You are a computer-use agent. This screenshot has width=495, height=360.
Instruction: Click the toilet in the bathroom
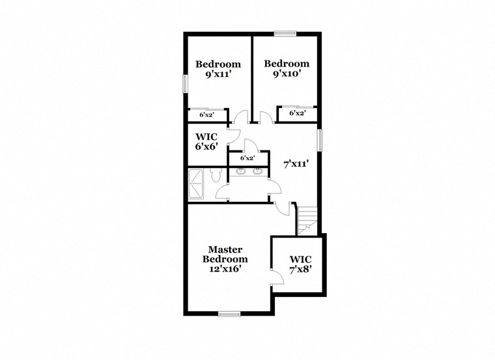216,175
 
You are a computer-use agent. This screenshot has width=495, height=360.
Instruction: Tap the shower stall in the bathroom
196,185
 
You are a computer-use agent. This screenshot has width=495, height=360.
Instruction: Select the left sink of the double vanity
241,171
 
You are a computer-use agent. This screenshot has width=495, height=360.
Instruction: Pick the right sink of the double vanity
258,171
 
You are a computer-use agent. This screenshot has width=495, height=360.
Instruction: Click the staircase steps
307,221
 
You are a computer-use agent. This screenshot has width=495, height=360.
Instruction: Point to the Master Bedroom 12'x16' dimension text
225,268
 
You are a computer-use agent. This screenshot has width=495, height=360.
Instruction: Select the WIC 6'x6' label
206,142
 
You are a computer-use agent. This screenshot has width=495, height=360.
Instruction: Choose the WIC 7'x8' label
301,264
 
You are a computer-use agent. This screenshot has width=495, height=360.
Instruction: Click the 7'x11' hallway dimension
296,164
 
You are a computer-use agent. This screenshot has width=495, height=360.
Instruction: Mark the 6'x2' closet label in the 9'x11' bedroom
207,115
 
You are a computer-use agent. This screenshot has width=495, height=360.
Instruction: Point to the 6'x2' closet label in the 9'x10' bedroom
298,113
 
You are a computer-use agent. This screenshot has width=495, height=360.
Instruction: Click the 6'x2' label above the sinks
247,158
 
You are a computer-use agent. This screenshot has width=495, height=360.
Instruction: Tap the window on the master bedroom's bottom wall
229,314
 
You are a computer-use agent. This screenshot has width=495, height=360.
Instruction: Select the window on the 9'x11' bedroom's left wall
186,83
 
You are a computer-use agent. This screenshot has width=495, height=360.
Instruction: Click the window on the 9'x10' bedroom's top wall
285,33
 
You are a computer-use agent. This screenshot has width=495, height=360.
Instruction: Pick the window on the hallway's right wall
320,140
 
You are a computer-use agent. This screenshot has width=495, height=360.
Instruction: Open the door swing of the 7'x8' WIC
278,278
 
